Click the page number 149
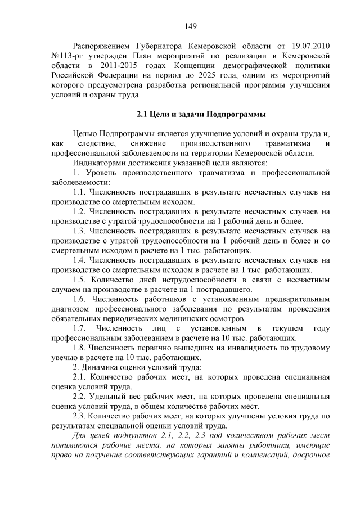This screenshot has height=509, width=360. tap(190, 26)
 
